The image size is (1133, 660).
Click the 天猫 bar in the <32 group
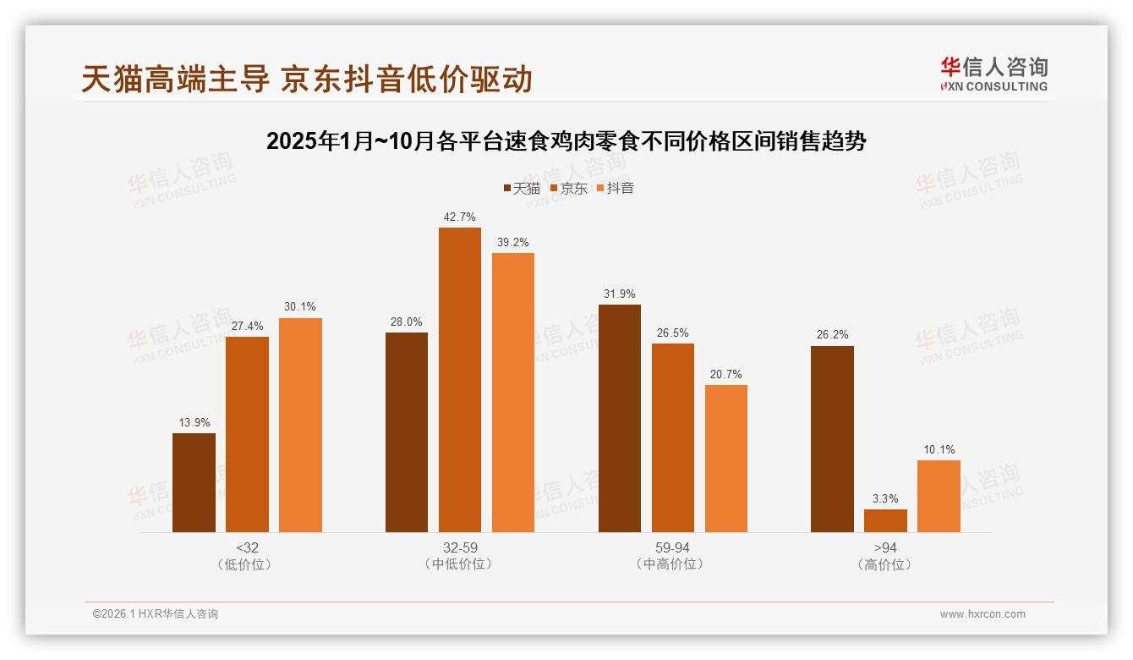[x=194, y=483]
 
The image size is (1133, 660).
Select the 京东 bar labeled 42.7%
[x=459, y=380]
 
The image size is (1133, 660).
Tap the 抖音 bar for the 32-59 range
[x=513, y=393]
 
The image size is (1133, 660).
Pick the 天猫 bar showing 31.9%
[x=620, y=419]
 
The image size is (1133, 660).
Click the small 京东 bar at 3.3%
[x=885, y=521]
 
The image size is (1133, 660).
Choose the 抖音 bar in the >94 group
[x=939, y=497]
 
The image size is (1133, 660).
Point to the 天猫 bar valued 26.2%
[x=832, y=439]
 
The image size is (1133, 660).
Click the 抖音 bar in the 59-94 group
[x=726, y=459]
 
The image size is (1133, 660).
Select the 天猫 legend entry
[x=522, y=188]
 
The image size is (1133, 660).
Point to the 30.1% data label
[x=300, y=307]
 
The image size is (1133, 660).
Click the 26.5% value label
[x=673, y=333]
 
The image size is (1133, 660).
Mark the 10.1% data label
[x=939, y=449]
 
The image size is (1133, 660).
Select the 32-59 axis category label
[x=460, y=547]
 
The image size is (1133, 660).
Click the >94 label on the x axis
[x=885, y=547]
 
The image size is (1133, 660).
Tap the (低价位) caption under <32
[x=247, y=564]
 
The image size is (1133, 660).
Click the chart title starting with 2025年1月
[x=566, y=141]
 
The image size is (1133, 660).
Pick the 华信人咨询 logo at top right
[x=993, y=74]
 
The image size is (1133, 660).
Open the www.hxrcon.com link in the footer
[x=982, y=614]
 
